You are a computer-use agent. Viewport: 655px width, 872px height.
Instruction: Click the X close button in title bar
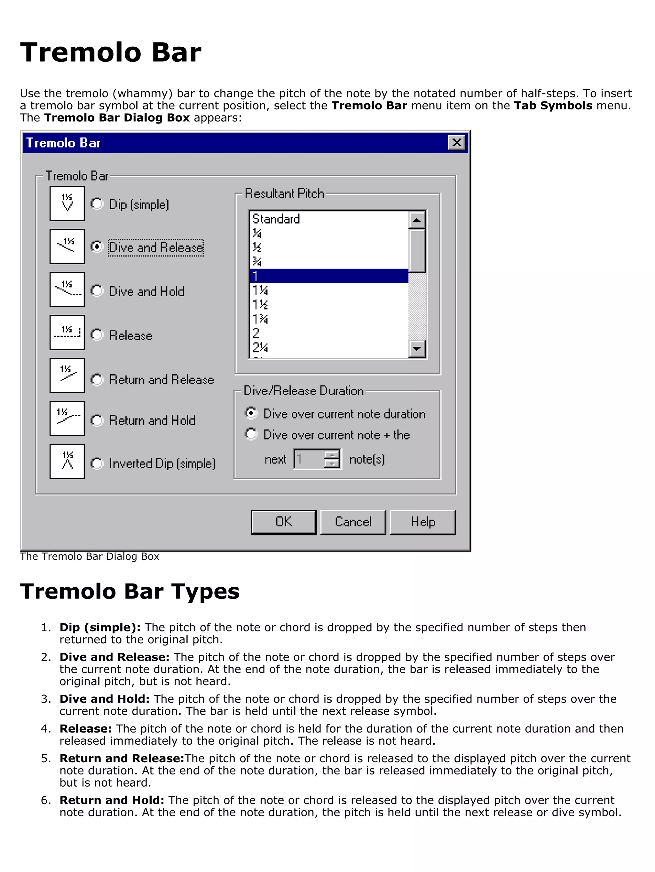click(456, 142)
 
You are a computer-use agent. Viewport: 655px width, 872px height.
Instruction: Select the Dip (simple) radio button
click(97, 204)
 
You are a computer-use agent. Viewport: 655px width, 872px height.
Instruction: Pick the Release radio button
click(97, 335)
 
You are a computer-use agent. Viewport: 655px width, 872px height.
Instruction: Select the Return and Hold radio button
click(97, 420)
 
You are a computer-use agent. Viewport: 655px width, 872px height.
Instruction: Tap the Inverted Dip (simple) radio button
click(97, 463)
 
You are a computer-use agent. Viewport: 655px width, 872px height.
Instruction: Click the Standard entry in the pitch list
click(276, 219)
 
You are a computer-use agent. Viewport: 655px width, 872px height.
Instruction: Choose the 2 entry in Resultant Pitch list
click(256, 333)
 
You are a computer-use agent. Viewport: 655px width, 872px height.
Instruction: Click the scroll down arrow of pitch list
click(416, 348)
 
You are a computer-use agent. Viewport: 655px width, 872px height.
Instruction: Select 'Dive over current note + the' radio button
click(251, 434)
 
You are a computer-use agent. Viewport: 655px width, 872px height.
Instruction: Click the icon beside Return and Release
click(67, 375)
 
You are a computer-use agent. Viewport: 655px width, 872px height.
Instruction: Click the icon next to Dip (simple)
click(67, 203)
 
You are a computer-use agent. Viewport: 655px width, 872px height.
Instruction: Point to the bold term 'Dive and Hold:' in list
click(105, 699)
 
